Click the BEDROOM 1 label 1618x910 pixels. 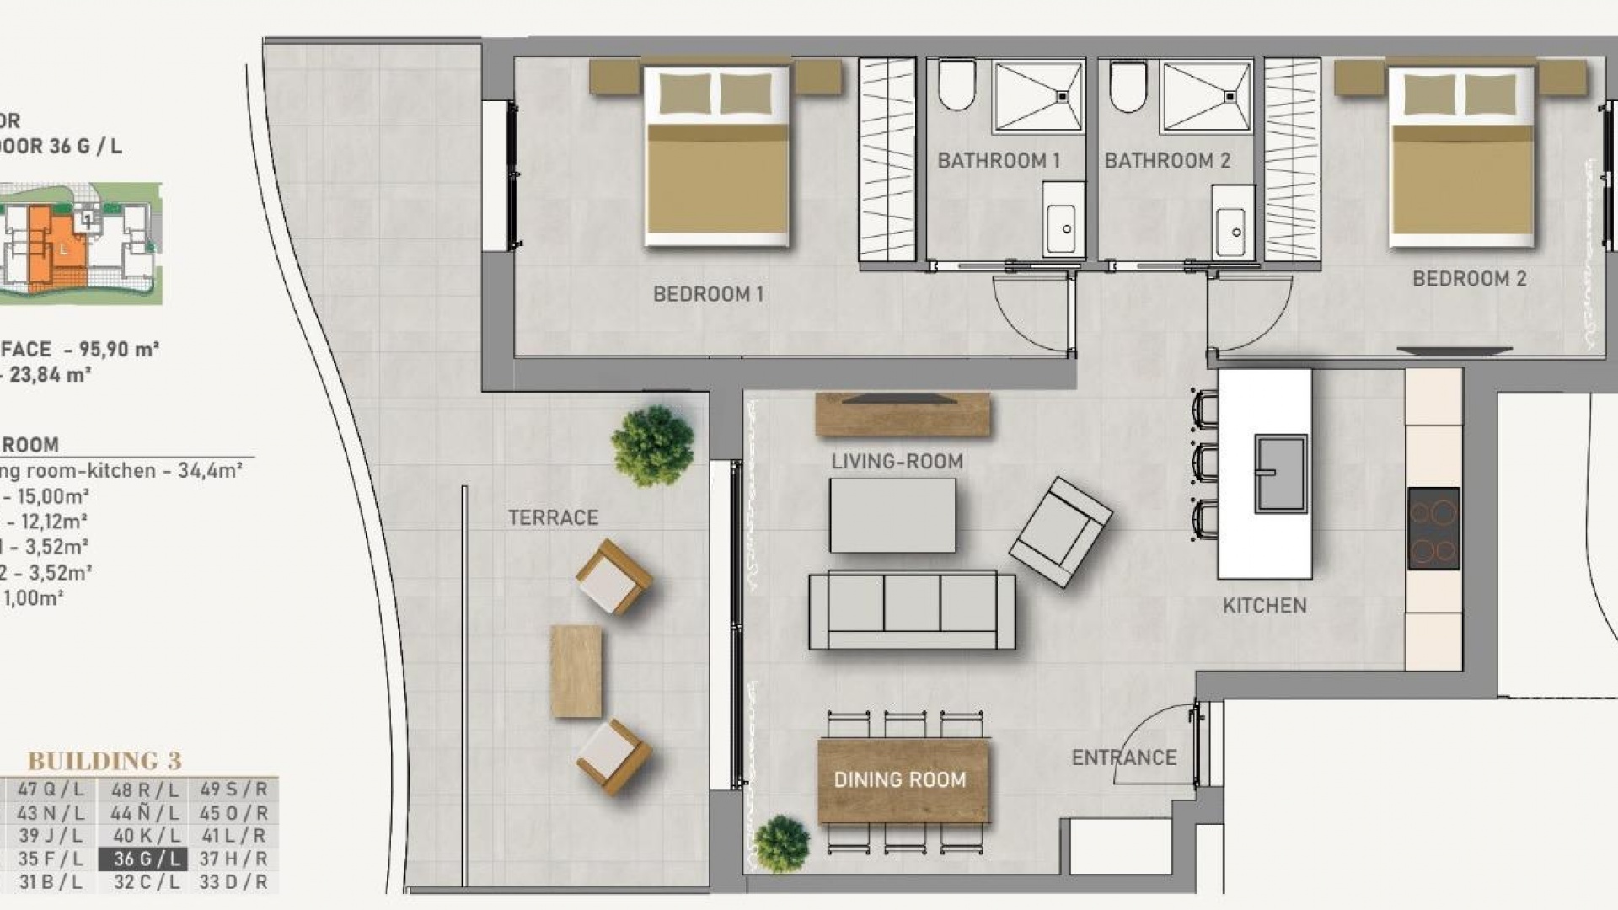tap(708, 294)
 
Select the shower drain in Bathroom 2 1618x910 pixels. tap(1230, 97)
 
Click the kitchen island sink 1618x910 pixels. tap(1280, 474)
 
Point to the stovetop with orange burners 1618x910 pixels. tap(1433, 528)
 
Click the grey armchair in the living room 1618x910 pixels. tap(1060, 532)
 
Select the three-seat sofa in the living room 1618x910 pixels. tap(912, 610)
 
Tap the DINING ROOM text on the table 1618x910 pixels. tap(900, 779)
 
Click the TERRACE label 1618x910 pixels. tap(553, 517)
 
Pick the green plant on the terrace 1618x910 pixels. tap(653, 445)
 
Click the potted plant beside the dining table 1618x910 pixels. tap(781, 843)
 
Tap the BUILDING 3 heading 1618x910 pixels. tap(104, 761)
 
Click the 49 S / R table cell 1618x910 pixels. tap(233, 790)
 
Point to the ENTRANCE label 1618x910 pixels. tap(1123, 757)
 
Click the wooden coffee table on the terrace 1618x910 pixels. tap(576, 671)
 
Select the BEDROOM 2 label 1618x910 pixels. tap(1469, 279)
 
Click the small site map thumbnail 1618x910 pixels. tap(81, 244)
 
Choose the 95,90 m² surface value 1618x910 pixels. tap(118, 349)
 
